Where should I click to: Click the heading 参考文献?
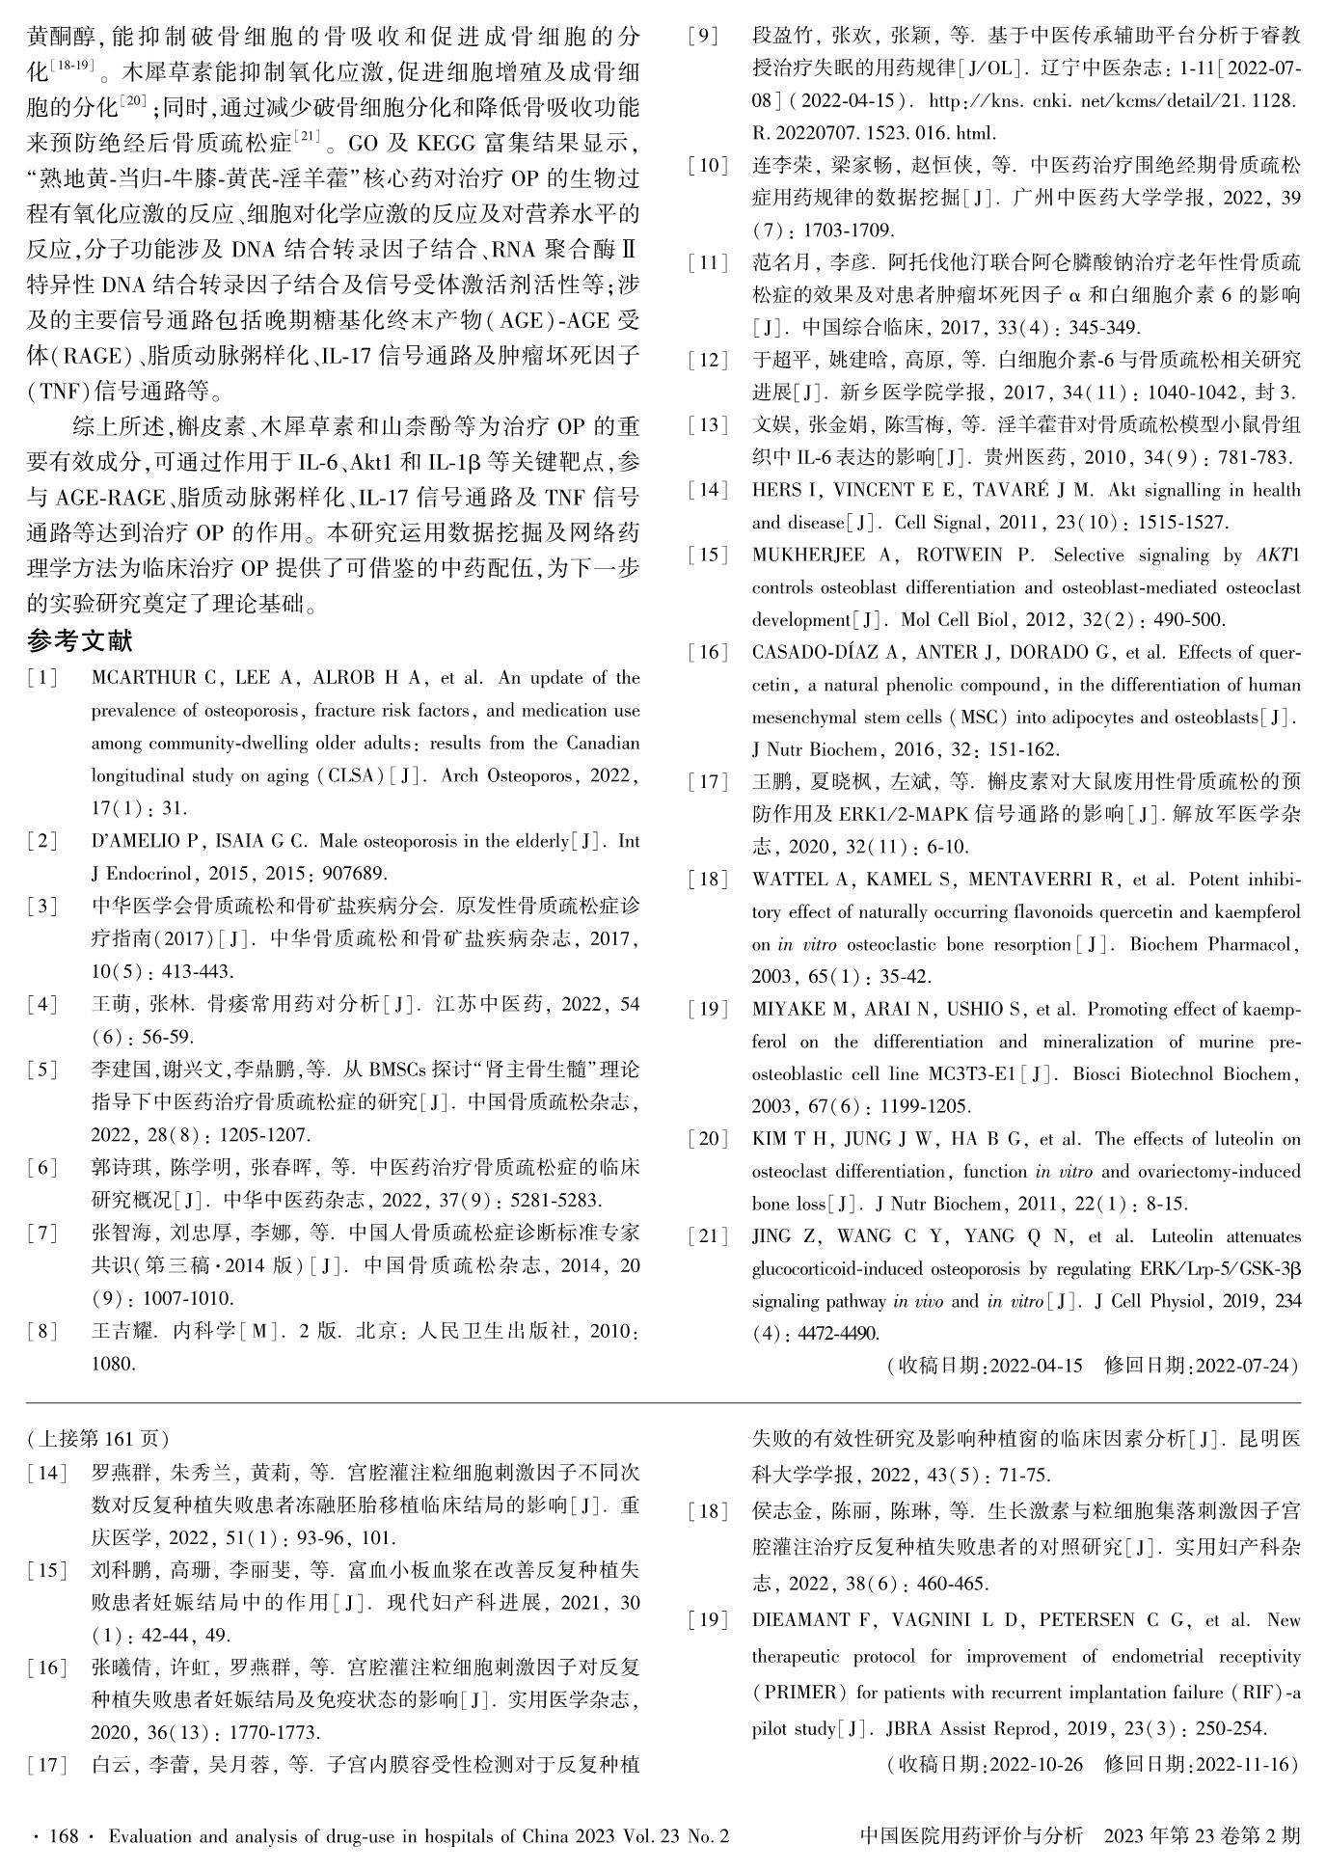(x=80, y=640)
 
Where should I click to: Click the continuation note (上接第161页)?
(x=98, y=1439)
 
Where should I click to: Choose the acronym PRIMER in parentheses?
(x=800, y=1692)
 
